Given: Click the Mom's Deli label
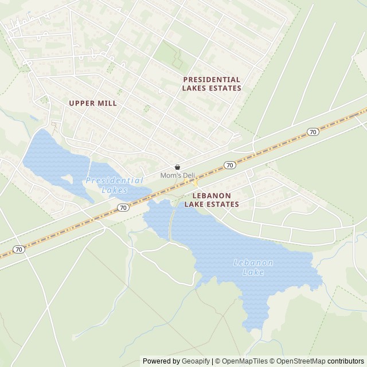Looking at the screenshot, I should click(177, 175).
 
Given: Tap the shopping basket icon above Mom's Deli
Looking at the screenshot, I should click(177, 167).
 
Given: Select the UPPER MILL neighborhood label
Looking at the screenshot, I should click(92, 103).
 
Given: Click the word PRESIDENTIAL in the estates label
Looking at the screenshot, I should click(212, 79).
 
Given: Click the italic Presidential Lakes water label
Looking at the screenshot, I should click(114, 185).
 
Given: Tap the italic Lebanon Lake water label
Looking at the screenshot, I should click(253, 267).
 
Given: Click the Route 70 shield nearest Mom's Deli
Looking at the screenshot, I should click(230, 165).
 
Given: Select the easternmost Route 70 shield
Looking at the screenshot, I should click(313, 132).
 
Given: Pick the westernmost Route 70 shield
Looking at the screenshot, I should click(19, 249).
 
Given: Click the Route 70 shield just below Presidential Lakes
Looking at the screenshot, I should click(123, 208).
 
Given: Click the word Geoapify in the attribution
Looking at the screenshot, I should click(196, 361).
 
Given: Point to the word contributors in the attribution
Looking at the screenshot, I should click(345, 361).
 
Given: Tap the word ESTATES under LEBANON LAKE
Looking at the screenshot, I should click(220, 204).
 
